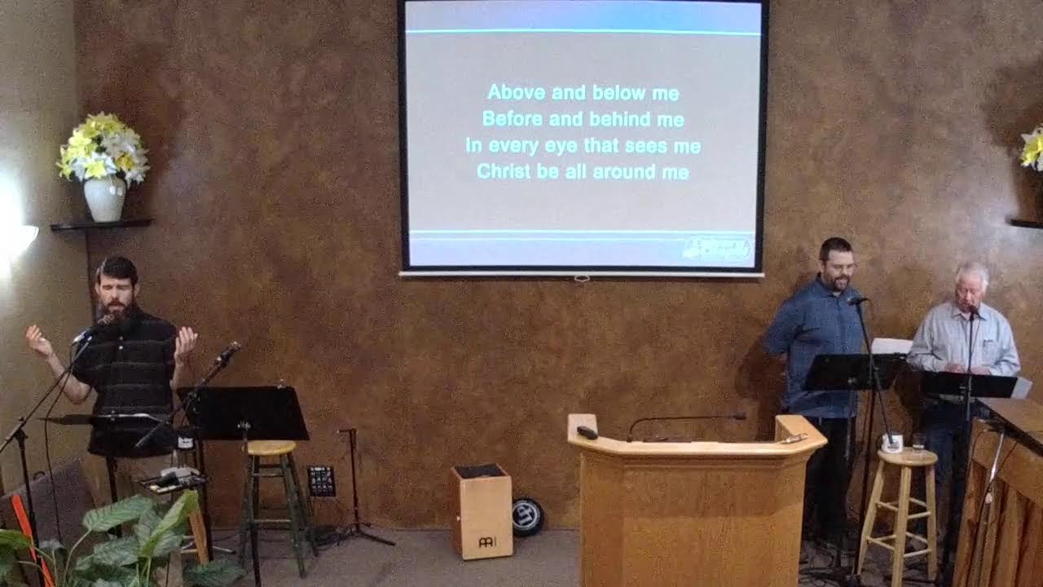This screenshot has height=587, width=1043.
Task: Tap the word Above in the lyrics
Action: [516, 93]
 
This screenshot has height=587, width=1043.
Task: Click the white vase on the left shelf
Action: [105, 199]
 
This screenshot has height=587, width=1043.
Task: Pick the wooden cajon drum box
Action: [482, 511]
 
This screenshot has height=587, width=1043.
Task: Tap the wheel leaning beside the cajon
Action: [528, 517]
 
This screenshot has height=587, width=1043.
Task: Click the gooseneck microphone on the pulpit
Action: [684, 418]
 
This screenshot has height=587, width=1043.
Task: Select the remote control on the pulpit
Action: [588, 432]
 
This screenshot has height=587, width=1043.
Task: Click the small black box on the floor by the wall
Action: [321, 480]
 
